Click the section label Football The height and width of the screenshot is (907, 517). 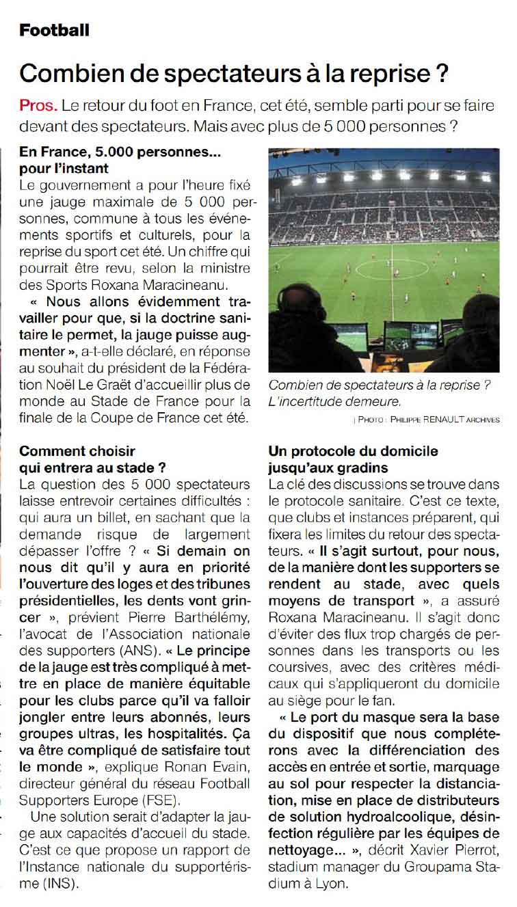54,30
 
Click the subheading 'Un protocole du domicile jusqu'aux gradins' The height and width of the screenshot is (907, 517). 354,459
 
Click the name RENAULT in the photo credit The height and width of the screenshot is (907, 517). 450,420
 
